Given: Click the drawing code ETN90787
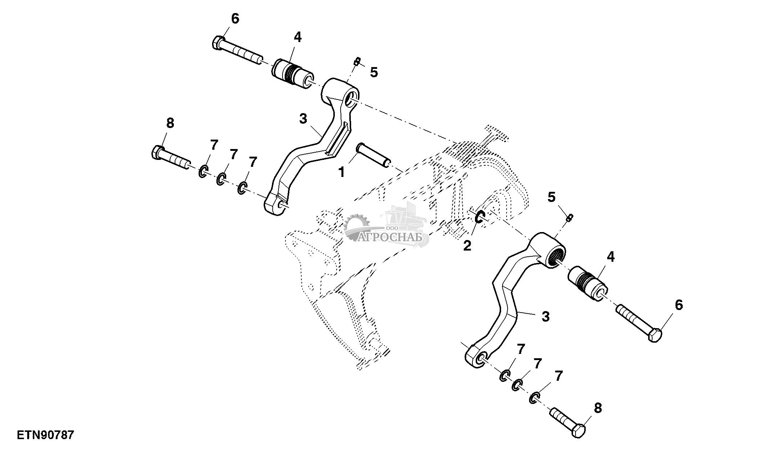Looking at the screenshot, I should click(x=45, y=435).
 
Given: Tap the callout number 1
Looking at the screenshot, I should click(x=342, y=172).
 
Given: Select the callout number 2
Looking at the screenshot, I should click(x=467, y=246).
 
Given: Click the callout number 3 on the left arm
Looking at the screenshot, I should click(x=303, y=119).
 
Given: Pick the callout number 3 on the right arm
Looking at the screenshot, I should click(x=545, y=317).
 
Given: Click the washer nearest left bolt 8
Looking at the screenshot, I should click(x=203, y=171).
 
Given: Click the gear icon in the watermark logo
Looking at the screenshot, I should click(x=356, y=227).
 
